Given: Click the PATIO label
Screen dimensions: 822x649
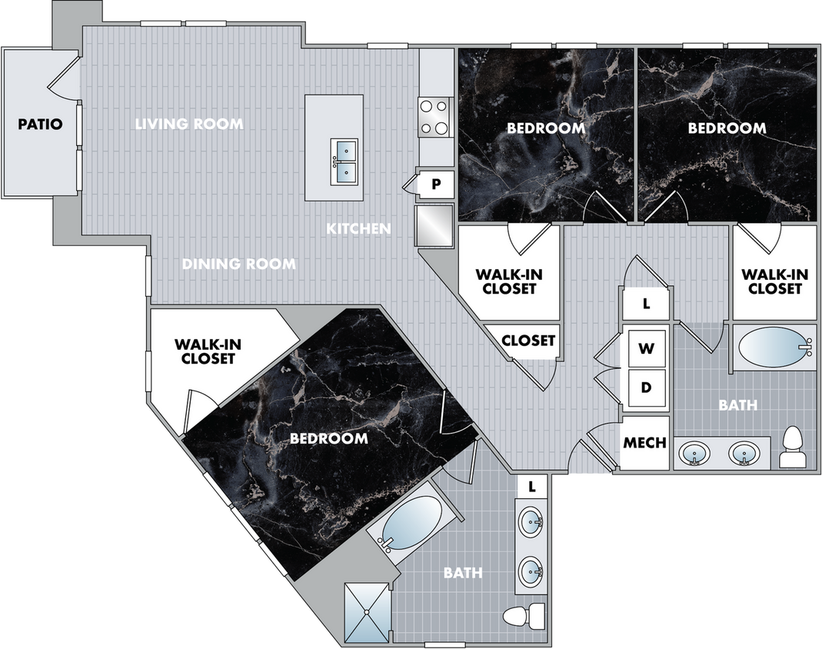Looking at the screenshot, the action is click(x=40, y=125).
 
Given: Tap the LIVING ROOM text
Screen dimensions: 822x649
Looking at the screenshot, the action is click(x=189, y=125).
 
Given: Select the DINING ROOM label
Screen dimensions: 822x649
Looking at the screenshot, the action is click(x=239, y=264).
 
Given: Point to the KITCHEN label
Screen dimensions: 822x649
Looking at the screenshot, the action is click(x=358, y=228).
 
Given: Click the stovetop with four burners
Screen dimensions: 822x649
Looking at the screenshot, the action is click(x=434, y=118).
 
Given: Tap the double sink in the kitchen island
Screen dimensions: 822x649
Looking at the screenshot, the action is click(x=344, y=161).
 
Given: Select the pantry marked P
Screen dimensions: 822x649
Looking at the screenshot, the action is click(x=436, y=184).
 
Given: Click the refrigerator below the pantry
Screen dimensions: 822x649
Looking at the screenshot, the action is click(x=434, y=226).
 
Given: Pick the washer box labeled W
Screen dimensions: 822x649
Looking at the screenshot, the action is click(x=647, y=348).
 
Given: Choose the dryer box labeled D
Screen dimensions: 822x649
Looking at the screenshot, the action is click(x=647, y=388).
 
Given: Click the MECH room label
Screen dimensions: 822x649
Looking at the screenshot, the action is click(x=645, y=443).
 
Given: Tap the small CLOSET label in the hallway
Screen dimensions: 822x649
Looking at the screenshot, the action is click(x=528, y=341).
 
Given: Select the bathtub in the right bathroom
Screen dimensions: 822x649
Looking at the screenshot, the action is click(x=774, y=348).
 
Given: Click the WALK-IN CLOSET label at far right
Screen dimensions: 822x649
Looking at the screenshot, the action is click(x=774, y=281).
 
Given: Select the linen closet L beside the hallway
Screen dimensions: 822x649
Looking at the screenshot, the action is click(x=647, y=304).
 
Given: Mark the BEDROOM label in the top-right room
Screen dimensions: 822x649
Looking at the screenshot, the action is click(x=727, y=128).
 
